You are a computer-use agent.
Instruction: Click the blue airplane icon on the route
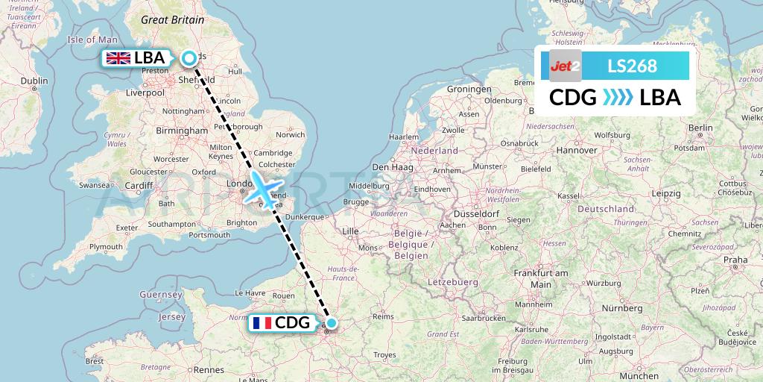point(262,187)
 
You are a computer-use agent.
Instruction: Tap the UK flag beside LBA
point(118,58)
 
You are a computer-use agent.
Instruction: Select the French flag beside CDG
point(262,323)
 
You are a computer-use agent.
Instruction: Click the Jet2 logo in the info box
point(565,66)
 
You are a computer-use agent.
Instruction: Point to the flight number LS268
point(633,66)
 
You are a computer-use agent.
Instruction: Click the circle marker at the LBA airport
point(189,57)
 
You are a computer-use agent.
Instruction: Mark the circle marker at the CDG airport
point(331,323)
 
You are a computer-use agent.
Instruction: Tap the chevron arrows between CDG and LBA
point(618,97)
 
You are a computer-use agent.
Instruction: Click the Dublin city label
point(34,81)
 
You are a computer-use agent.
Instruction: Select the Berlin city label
point(701,128)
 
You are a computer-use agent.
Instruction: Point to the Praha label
point(735,260)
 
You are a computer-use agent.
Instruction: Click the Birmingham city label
point(182,130)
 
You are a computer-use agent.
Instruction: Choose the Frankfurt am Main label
point(541,279)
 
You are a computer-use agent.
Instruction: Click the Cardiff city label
point(139,186)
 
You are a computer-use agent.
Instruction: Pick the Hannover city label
point(577,150)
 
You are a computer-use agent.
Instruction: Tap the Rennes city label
point(209,369)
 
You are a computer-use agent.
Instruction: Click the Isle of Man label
point(92,40)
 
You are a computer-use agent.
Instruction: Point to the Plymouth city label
point(105,246)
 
